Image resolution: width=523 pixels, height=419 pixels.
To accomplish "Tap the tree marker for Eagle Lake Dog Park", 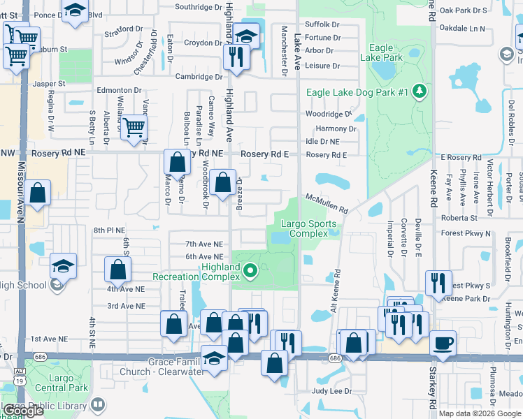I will pyautogui.click(x=420, y=92).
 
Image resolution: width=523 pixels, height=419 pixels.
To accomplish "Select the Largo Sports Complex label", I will pyautogui.click(x=308, y=228).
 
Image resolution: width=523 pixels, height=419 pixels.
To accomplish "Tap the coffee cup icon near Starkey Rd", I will pyautogui.click(x=443, y=343).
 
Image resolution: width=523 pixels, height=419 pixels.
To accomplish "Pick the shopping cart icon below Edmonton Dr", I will pyautogui.click(x=133, y=127).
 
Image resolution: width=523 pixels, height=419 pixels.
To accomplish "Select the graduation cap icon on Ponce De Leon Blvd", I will pyautogui.click(x=75, y=10).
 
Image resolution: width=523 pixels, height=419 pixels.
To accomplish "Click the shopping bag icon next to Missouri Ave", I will pyautogui.click(x=40, y=193).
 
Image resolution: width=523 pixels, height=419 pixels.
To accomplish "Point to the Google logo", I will pyautogui.click(x=23, y=411).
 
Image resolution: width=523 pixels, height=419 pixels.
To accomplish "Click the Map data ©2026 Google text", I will pyautogui.click(x=480, y=413).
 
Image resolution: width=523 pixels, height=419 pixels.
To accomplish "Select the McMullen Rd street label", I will pyautogui.click(x=327, y=203).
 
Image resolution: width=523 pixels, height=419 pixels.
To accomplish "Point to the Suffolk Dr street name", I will pyautogui.click(x=322, y=24).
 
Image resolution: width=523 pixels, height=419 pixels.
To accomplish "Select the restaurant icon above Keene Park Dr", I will pyautogui.click(x=438, y=284).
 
